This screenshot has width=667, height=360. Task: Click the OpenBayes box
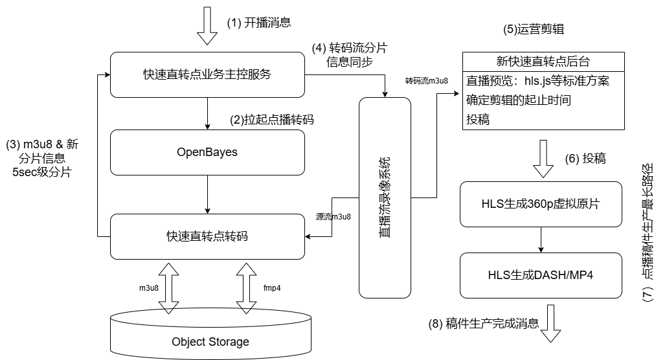coord(207,153)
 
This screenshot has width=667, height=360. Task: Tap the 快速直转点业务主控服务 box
coord(207,74)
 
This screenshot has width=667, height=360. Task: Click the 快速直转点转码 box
coord(207,236)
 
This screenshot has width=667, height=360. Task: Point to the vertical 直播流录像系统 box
coord(385,197)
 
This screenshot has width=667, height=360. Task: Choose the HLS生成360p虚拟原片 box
coord(541,205)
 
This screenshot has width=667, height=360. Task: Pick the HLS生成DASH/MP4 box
coord(541,275)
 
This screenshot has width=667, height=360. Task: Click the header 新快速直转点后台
coord(543,62)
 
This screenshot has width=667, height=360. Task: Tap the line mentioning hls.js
coord(538,82)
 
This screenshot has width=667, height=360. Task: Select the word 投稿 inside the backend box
coord(478,119)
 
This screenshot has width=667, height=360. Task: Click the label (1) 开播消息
coord(259,22)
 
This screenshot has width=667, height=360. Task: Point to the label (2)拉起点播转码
coord(272,120)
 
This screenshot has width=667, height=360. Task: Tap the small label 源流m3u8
coord(333,217)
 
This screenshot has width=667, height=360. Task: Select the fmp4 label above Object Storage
coord(272,287)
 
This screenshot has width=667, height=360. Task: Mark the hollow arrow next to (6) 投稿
coord(543,160)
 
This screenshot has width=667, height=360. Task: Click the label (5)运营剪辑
coord(529,30)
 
